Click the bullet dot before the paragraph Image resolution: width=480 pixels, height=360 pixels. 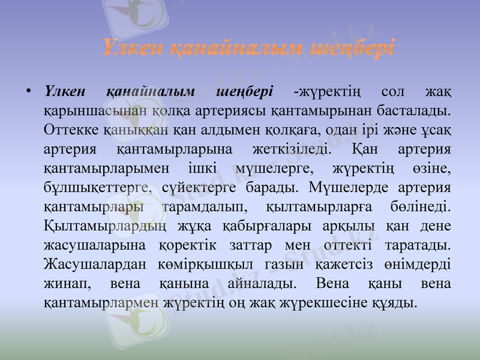tap(28, 92)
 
